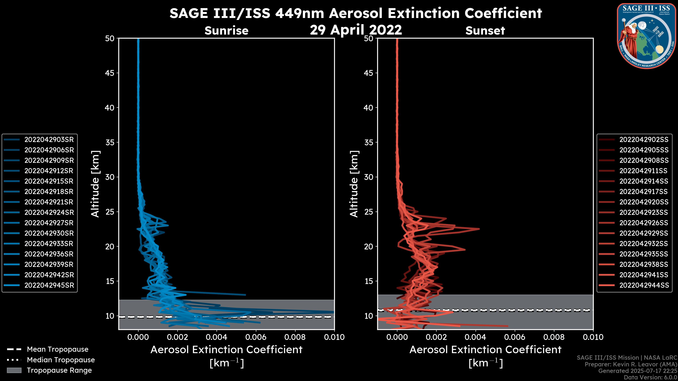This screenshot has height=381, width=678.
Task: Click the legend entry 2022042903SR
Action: pyautogui.click(x=49, y=140)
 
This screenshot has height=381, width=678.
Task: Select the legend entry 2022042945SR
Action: pyautogui.click(x=49, y=285)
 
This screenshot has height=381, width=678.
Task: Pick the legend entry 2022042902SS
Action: pyautogui.click(x=644, y=140)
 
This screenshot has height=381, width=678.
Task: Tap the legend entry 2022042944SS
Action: pyautogui.click(x=644, y=285)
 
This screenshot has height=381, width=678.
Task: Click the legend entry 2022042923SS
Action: pyautogui.click(x=644, y=212)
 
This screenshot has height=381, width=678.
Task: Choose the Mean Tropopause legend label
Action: pyautogui.click(x=58, y=349)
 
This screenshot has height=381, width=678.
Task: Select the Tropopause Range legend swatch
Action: pyautogui.click(x=14, y=370)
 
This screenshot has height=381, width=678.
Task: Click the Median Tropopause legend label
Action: pyautogui.click(x=61, y=360)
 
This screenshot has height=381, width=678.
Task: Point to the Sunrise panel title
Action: pyautogui.click(x=226, y=31)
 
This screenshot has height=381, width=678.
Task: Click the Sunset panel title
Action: pyautogui.click(x=485, y=31)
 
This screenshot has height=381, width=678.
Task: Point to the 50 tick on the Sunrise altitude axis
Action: pyautogui.click(x=110, y=38)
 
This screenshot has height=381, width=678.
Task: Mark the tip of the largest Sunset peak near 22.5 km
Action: pyautogui.click(x=479, y=229)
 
